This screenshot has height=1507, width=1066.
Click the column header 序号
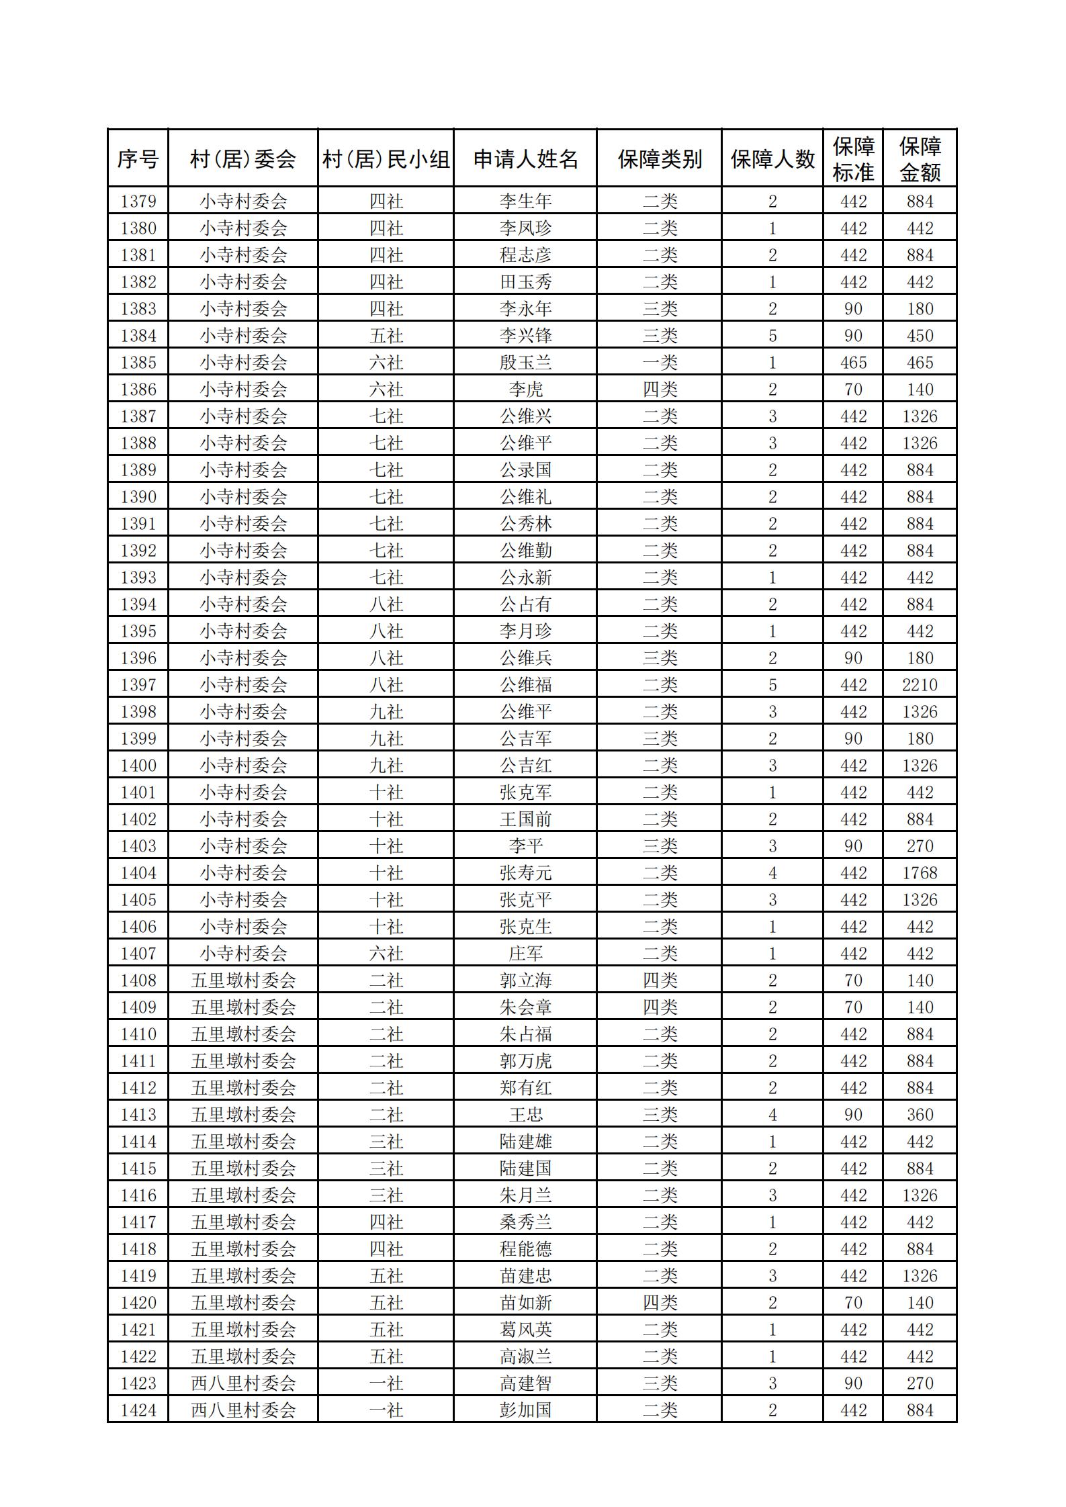pos(138,159)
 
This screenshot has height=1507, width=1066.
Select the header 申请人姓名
pos(525,159)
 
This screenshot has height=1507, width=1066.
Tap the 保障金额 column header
pos(920,159)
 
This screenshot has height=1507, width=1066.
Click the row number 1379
pos(138,201)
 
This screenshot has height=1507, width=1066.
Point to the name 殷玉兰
pos(525,362)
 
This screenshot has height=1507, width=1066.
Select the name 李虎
pos(525,389)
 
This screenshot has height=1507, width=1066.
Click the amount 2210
pos(920,684)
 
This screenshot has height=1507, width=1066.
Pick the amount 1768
pos(920,872)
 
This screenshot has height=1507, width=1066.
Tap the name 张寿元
pos(525,872)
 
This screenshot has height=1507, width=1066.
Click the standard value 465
pos(853,362)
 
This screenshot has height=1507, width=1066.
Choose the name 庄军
pos(525,953)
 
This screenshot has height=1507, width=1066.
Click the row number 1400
pos(138,765)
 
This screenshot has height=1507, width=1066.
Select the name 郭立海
pos(525,980)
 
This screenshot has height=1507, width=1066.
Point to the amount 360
pos(920,1114)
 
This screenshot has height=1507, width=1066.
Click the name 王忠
pos(525,1114)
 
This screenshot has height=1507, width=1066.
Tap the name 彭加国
pos(525,1410)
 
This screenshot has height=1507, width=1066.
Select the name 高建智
pos(525,1383)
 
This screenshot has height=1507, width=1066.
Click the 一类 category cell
pos(660,362)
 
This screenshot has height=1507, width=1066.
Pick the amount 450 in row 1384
pos(920,335)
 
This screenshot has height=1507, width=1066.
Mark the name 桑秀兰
pos(525,1222)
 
